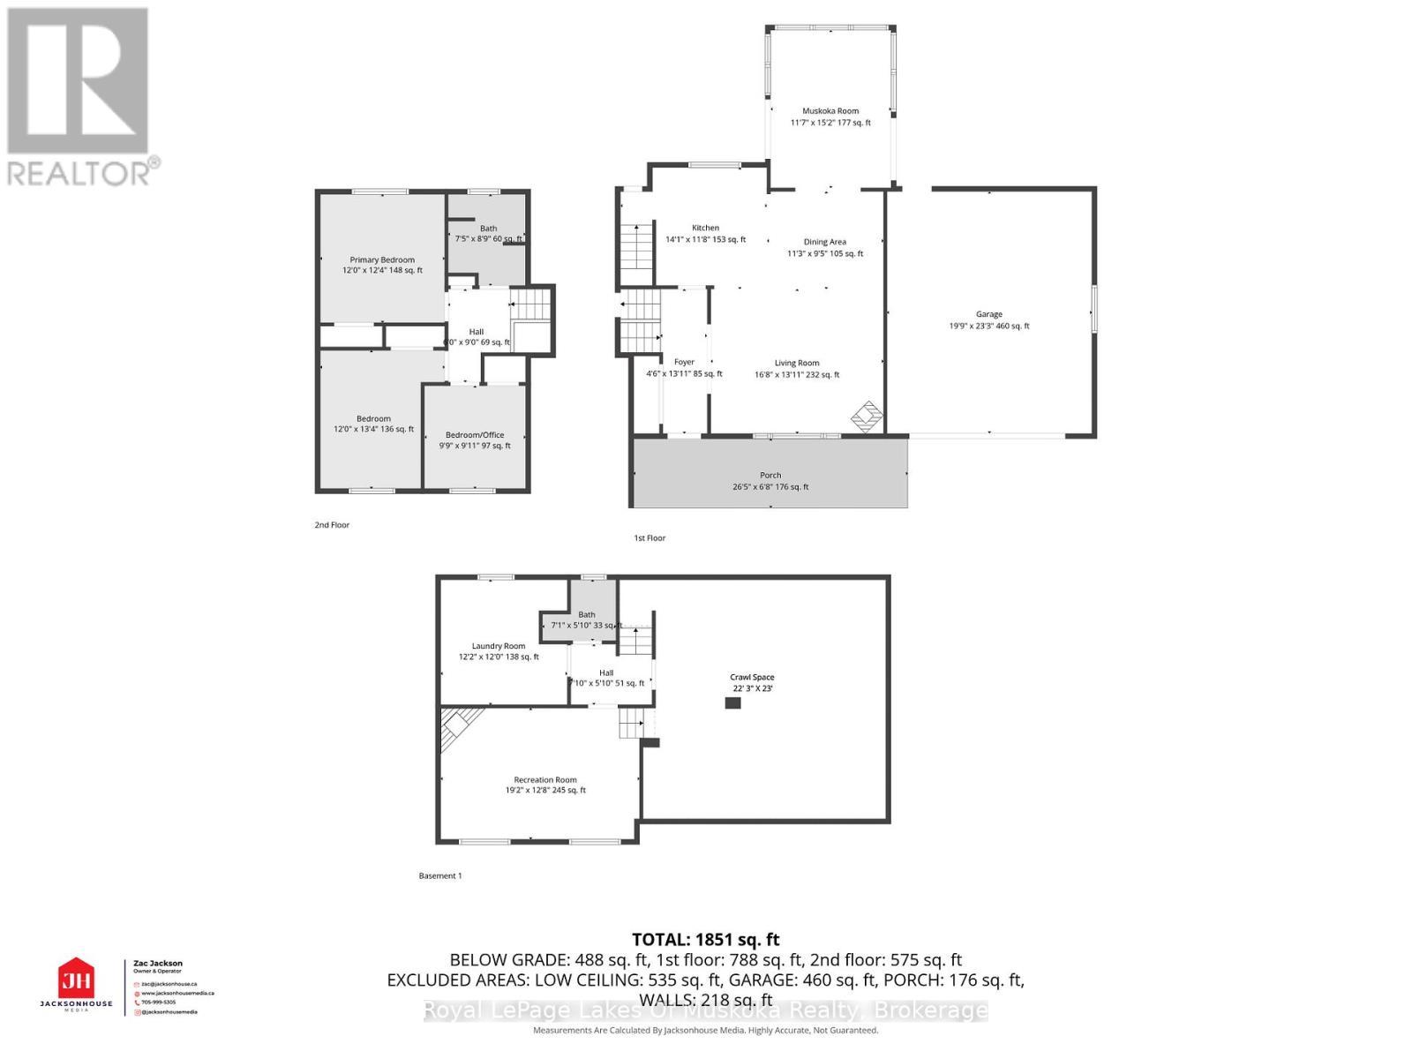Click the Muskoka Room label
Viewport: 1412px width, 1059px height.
[830, 111]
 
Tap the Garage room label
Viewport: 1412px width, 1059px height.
[988, 314]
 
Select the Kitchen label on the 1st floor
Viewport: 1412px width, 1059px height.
[705, 228]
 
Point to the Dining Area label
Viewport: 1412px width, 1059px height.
[824, 242]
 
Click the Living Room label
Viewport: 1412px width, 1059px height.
[797, 363]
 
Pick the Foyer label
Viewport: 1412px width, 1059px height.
[684, 362]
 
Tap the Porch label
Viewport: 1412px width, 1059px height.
[770, 475]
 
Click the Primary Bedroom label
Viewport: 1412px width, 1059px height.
[382, 259]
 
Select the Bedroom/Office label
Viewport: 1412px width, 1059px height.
[475, 434]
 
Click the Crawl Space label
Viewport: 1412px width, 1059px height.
[752, 677]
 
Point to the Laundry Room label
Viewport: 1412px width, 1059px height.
[499, 646]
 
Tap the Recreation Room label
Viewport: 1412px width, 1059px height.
[545, 779]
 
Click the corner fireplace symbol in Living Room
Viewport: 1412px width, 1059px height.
[867, 416]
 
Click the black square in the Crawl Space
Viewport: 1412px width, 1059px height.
[732, 703]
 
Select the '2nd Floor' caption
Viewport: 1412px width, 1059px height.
[332, 525]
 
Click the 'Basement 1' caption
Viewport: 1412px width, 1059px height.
[439, 875]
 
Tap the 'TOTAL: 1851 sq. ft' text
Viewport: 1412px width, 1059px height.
[705, 940]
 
